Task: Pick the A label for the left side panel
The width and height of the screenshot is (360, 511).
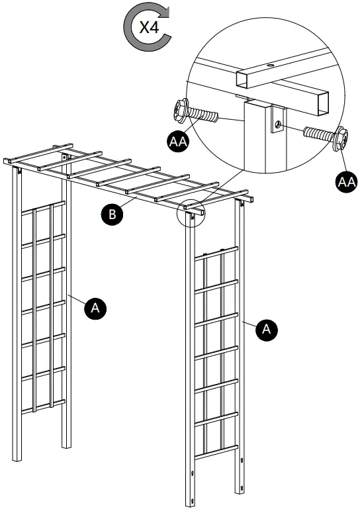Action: (x=95, y=307)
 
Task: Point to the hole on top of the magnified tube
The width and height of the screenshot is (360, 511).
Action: (x=271, y=66)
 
